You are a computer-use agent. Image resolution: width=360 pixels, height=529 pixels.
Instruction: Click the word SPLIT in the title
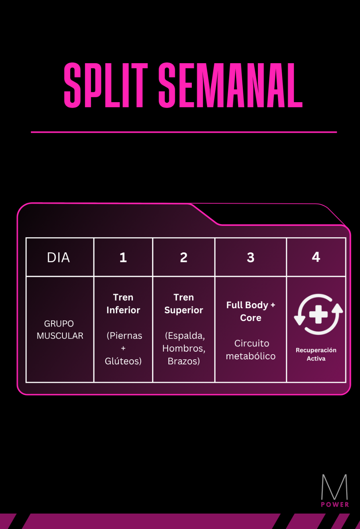106,85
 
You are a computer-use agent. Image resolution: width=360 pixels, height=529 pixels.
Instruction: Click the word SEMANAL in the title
230,85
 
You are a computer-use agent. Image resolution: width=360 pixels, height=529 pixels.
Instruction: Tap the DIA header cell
58,258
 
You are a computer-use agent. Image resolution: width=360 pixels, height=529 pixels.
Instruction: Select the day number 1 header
123,258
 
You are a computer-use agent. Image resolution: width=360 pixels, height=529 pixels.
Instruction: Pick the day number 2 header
184,258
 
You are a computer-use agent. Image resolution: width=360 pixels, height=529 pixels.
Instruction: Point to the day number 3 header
251,258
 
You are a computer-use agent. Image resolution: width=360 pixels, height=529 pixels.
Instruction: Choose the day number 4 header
316,257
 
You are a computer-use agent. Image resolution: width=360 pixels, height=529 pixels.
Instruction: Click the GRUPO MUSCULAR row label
60,330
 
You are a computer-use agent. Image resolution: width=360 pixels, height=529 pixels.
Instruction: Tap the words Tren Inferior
123,304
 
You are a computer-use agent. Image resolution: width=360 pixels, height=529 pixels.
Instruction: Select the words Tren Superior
184,304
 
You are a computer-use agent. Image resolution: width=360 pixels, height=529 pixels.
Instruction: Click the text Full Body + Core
251,311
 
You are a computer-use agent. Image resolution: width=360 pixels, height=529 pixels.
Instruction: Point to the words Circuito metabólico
251,350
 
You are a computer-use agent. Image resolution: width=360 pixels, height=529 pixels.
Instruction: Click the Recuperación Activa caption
316,354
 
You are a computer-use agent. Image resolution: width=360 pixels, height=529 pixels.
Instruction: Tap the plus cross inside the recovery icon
318,314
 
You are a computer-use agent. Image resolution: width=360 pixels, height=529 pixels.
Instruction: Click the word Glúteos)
123,361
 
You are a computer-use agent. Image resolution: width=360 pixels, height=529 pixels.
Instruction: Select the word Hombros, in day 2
184,348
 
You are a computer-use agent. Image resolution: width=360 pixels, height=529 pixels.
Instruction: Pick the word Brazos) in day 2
184,361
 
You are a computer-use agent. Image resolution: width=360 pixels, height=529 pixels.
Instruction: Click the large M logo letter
334,487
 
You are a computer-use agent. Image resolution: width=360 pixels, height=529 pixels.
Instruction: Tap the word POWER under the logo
335,505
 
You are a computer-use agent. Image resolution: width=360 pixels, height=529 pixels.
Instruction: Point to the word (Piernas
124,336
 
